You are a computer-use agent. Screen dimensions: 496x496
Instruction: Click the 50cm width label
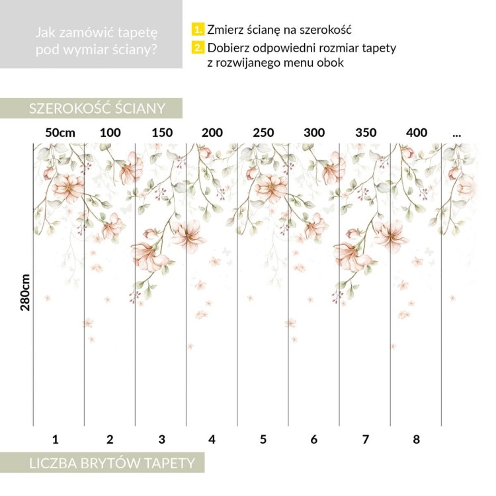click(60, 133)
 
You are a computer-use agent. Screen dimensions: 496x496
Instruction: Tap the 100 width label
click(110, 133)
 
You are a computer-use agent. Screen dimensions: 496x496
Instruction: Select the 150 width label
click(161, 133)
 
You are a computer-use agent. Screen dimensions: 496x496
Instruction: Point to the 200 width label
click(212, 133)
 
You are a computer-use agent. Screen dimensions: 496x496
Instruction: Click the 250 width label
click(263, 133)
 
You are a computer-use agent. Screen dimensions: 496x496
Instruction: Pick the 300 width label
click(314, 133)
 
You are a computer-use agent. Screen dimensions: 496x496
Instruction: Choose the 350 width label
click(365, 133)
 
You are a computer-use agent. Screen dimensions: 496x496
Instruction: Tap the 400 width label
click(417, 133)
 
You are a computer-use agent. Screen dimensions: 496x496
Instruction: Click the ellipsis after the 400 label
click(456, 134)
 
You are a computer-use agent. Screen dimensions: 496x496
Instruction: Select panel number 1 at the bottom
click(56, 438)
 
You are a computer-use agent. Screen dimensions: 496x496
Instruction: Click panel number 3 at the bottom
click(161, 438)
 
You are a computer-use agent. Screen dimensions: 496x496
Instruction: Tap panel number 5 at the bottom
click(263, 438)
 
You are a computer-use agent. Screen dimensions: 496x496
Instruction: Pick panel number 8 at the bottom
click(417, 438)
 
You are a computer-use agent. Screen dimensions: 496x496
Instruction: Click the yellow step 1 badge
click(198, 30)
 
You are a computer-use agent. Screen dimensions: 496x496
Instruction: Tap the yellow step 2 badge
click(198, 48)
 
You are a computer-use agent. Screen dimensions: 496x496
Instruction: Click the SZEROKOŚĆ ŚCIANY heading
click(96, 108)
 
